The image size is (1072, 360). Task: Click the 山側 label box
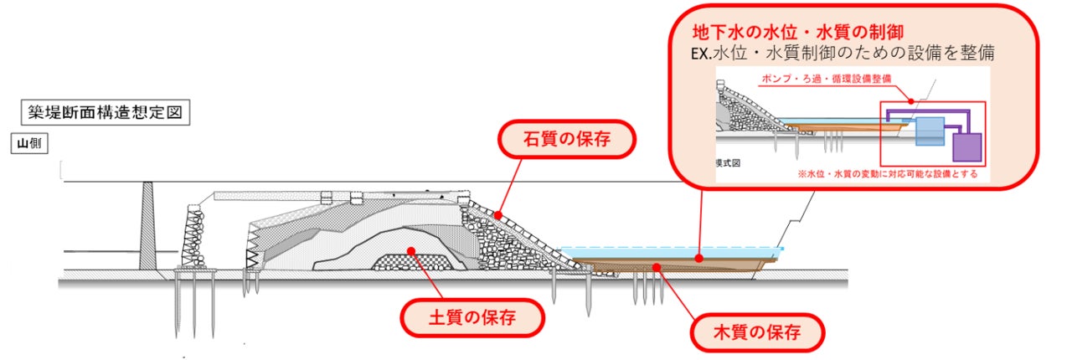coord(28,143)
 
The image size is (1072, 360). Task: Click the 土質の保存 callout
coord(472,316)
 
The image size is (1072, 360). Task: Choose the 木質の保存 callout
coord(758,332)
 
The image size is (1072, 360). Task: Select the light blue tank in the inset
coord(929,131)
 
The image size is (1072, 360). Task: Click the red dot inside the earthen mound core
coord(410,249)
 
